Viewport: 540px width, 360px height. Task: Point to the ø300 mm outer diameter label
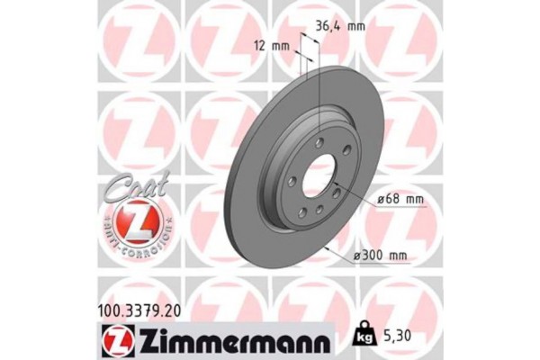pyautogui.click(x=380, y=256)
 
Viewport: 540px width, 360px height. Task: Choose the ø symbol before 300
pyautogui.click(x=357, y=256)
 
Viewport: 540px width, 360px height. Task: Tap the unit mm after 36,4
pyautogui.click(x=356, y=26)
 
